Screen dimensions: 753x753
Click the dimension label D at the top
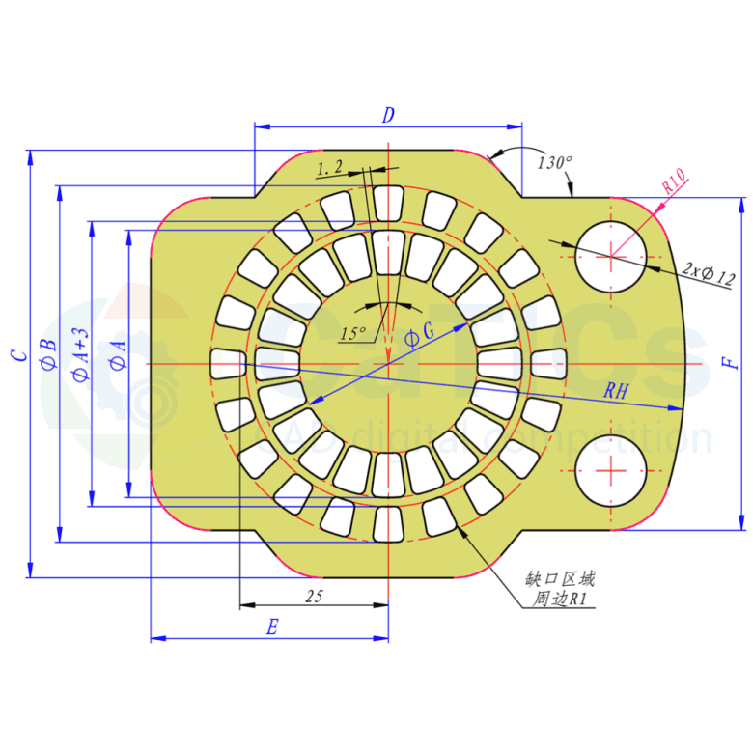[388, 115]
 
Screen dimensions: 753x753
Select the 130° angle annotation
[555, 162]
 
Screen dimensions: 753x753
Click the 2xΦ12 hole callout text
[708, 273]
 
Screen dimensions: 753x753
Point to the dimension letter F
[731, 363]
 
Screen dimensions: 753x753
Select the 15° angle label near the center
[352, 334]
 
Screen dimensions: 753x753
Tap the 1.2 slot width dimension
[329, 168]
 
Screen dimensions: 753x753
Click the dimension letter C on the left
[18, 355]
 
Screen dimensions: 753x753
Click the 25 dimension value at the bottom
[313, 597]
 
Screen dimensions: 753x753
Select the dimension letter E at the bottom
[272, 628]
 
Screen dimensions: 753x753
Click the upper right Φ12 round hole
[611, 256]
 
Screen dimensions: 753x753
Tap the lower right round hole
[611, 470]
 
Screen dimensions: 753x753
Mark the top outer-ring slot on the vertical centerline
[387, 204]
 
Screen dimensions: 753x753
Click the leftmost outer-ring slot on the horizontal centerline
[228, 363]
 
